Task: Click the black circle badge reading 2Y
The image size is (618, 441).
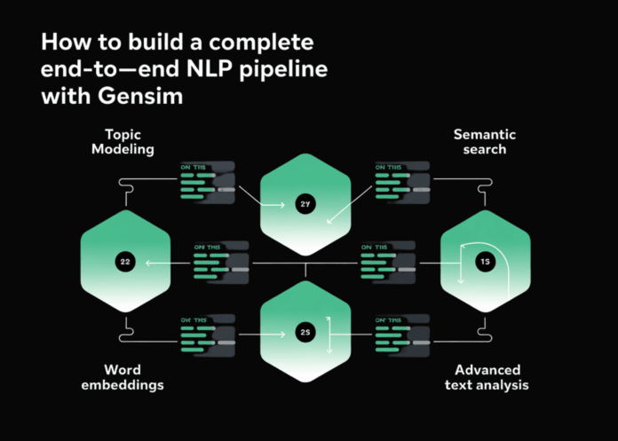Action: coord(305,205)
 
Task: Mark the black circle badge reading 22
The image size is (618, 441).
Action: coord(124,262)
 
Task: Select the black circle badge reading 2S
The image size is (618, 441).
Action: coord(305,333)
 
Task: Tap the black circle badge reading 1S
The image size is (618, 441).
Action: coord(485,262)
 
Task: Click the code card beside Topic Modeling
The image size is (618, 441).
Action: coord(207,182)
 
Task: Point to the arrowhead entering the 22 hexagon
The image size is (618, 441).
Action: coord(150,263)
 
